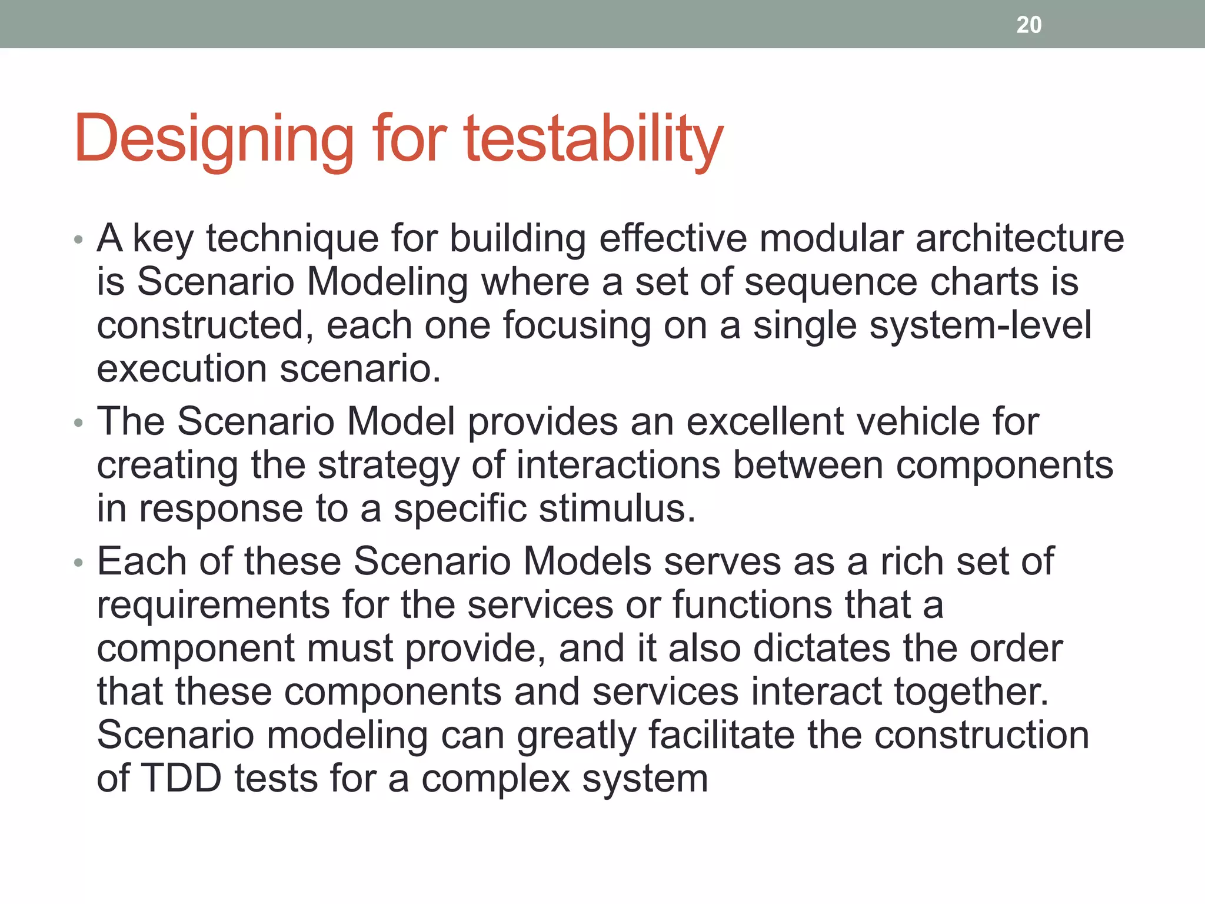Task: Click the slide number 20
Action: (1028, 25)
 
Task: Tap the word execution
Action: (182, 368)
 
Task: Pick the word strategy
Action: (388, 466)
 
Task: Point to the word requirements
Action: (213, 605)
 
